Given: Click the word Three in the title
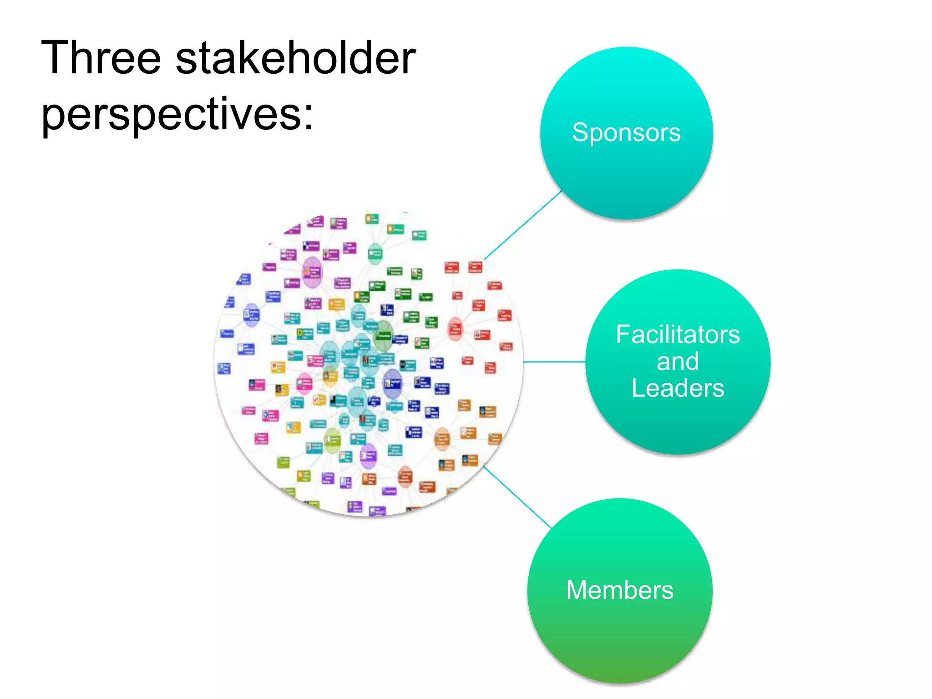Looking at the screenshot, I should pos(101,58).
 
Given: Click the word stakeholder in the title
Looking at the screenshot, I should pos(295,58).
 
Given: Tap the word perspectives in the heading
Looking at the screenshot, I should pos(171,115).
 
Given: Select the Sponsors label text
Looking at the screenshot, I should pos(626,133).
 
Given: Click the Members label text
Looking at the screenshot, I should pos(619,590).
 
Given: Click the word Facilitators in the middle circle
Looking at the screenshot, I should pos(678,334).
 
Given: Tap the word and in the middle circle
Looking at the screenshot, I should pos(678,362).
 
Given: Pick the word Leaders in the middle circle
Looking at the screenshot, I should pos(678,388).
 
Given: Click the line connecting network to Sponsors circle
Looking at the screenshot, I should pos(523,225).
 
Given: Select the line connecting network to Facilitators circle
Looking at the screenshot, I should pos(554,362).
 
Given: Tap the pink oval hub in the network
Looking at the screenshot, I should pos(304,384).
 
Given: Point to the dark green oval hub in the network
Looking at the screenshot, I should pos(383,336).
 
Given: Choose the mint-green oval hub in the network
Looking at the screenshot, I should pos(375,253).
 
